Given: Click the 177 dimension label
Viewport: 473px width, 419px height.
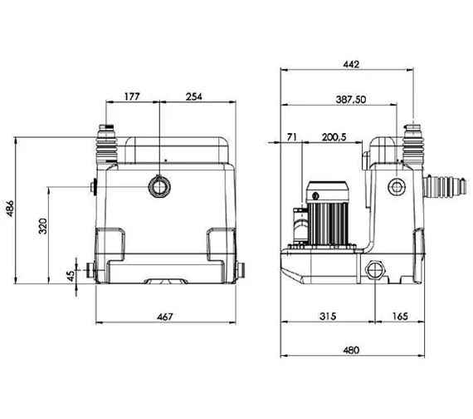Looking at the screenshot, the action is pos(132,96).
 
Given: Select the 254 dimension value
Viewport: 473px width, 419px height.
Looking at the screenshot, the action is pos(193,96).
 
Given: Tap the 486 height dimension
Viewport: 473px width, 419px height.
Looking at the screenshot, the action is pos(10,208).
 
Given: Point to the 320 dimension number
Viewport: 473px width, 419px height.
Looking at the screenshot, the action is pos(43,226).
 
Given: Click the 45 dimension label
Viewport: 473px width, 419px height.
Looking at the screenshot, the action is pos(71,276).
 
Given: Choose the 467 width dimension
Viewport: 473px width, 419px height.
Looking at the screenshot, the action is pos(165,317).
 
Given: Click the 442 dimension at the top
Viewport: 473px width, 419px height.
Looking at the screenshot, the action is pos(351,64).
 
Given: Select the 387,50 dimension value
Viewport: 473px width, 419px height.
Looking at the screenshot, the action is pos(351,99).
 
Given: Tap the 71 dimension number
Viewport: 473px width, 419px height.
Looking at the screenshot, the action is pos(292,137).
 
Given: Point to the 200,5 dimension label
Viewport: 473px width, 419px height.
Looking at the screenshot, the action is pos(334,137).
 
